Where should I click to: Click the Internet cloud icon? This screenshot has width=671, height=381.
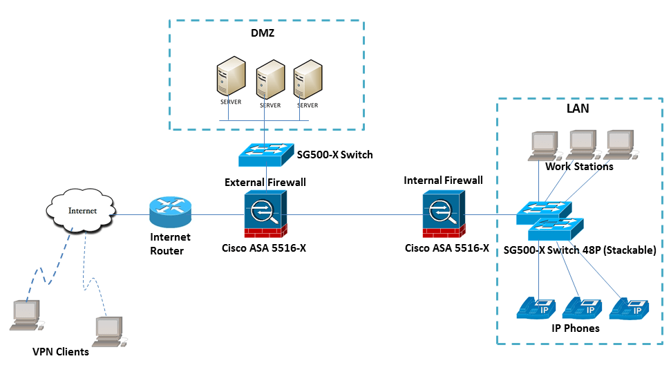coord(82,210)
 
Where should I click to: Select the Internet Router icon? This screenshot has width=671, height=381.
coord(169,214)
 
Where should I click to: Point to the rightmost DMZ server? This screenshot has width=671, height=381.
coord(308,82)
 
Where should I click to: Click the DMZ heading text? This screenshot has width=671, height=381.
coord(263,33)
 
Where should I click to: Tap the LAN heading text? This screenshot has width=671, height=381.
coord(577,109)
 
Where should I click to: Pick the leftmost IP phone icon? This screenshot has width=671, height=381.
coord(537,308)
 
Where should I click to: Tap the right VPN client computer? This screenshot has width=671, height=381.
coord(108,331)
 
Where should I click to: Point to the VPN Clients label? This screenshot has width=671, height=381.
coord(61,352)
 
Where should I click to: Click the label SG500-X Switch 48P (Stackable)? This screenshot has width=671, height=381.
coord(579,250)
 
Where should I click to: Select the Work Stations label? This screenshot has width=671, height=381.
coord(579,167)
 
